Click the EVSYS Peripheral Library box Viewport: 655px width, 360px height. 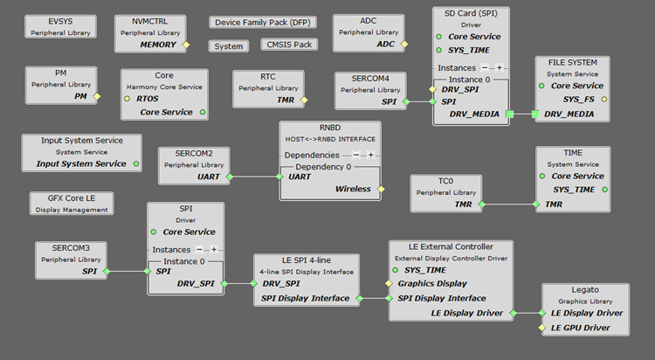point(60,26)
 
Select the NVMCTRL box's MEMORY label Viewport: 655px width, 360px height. point(157,44)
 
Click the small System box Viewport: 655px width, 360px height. point(229,45)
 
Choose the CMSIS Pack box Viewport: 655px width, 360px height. point(289,45)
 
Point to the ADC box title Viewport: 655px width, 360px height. point(368,20)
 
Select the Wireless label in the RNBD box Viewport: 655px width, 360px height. point(353,188)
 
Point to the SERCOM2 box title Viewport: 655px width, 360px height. point(193,153)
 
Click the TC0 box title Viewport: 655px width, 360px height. point(445,181)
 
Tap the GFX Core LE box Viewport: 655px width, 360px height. point(70,204)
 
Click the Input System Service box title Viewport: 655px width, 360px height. point(81,140)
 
